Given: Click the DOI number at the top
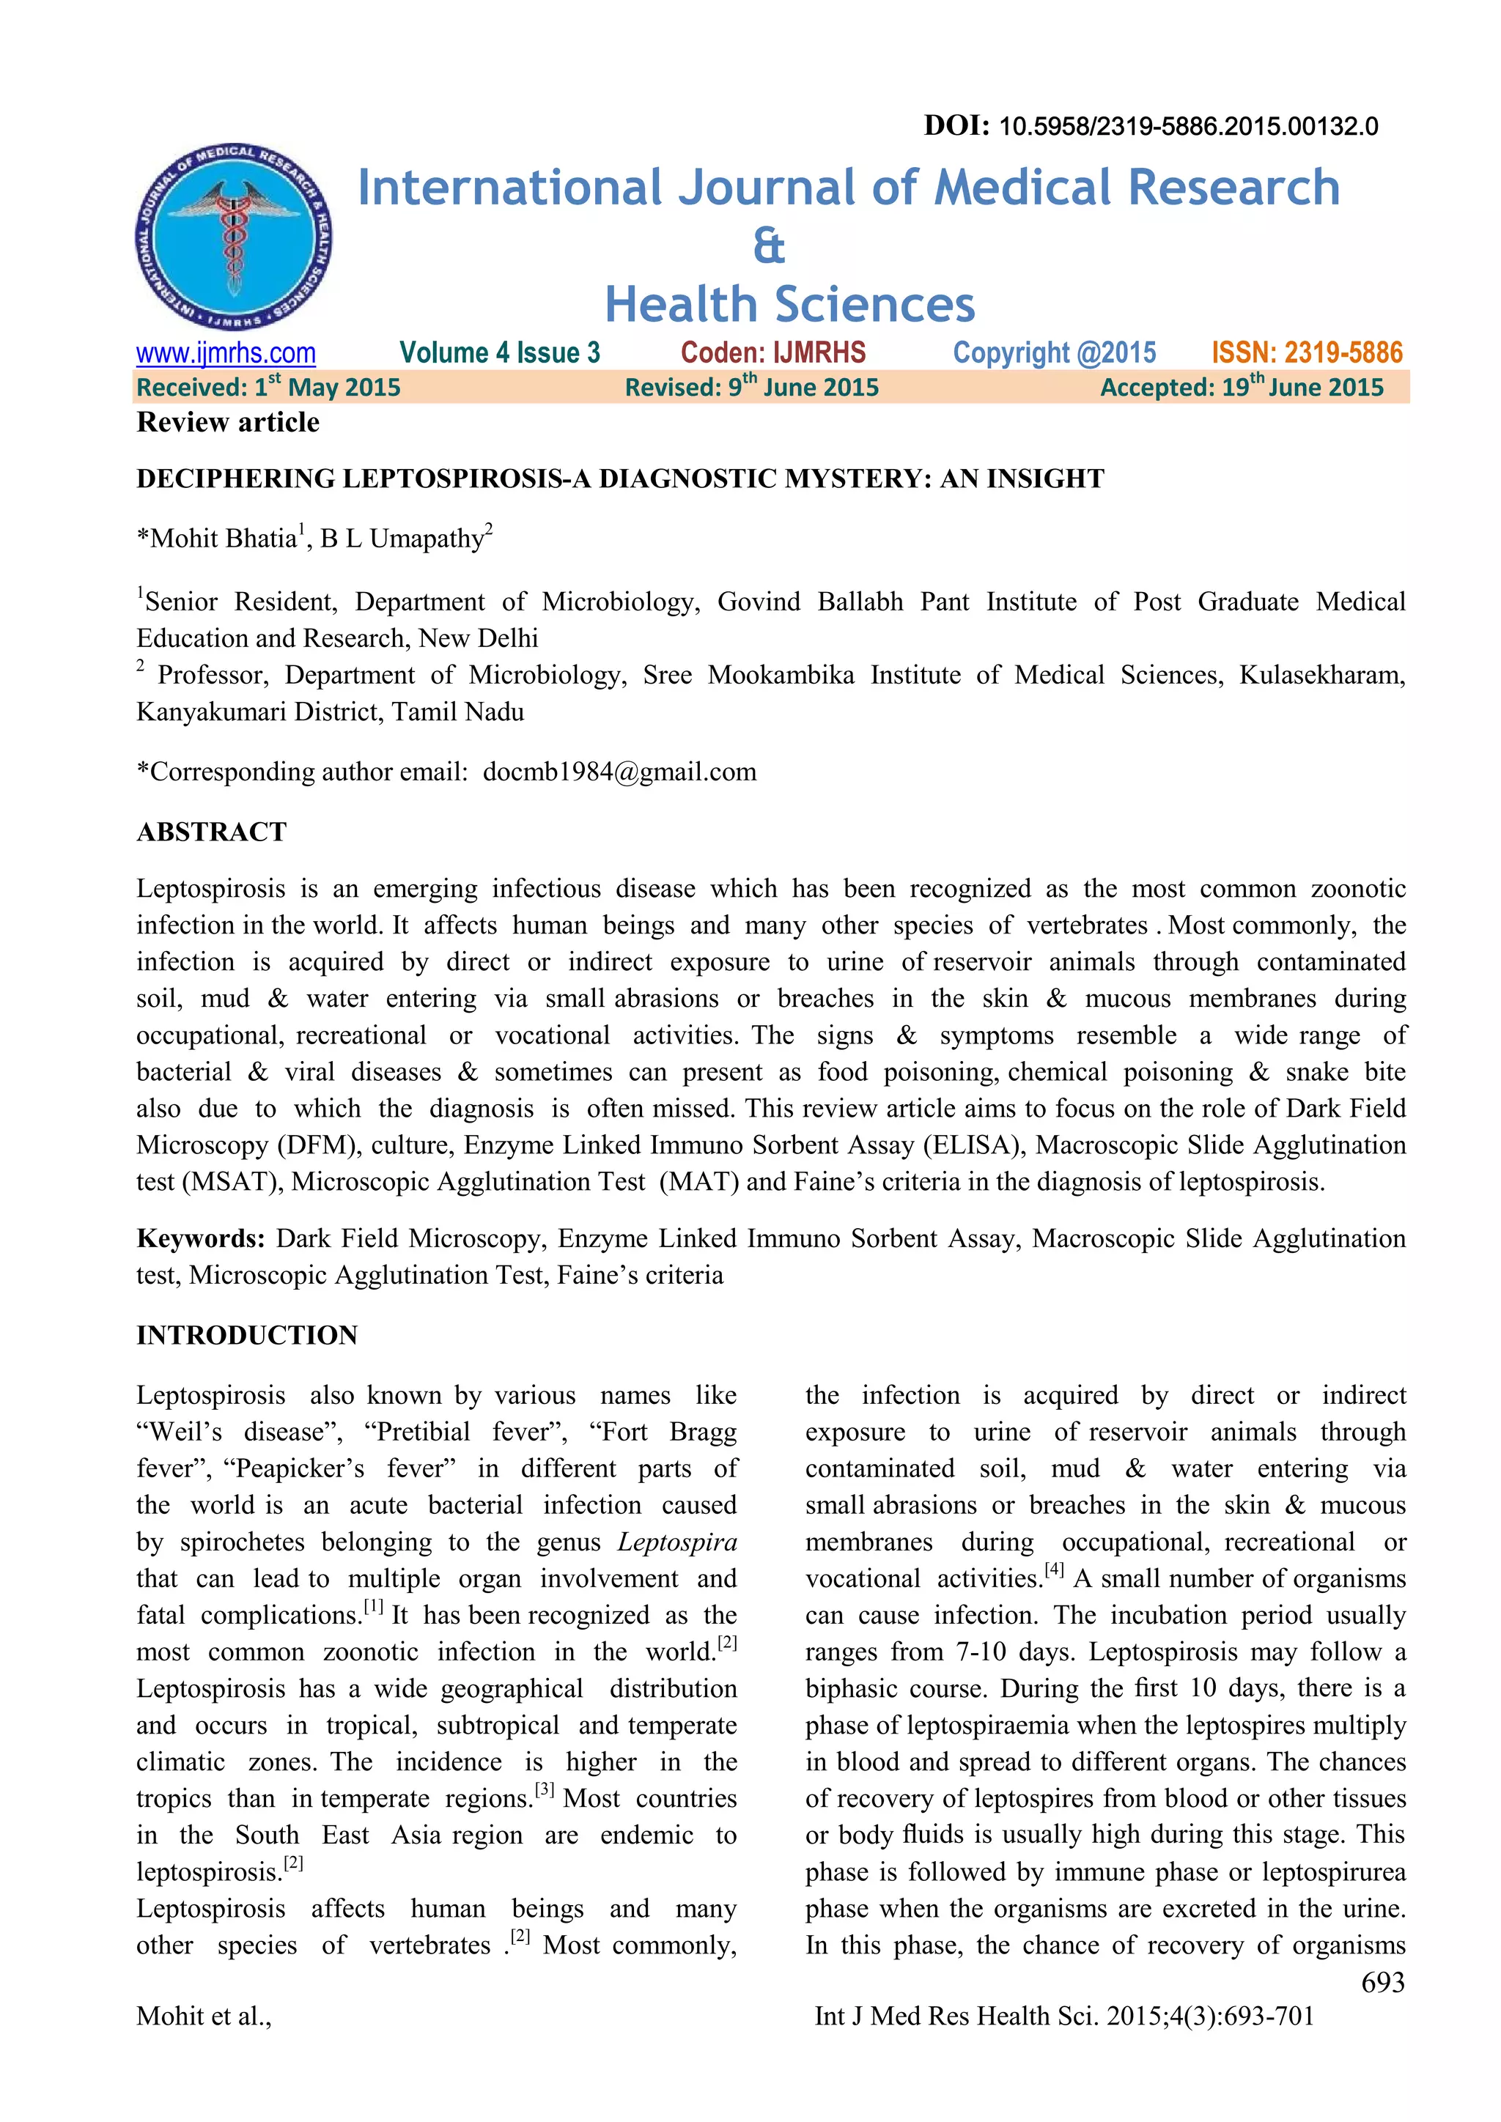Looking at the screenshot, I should (x=1187, y=127).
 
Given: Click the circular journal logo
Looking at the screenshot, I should (x=234, y=237).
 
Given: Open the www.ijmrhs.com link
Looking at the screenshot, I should (x=226, y=353).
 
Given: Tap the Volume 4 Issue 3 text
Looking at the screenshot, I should (x=499, y=353).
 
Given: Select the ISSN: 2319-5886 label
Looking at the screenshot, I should (x=1306, y=353).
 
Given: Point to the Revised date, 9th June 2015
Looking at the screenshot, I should (x=751, y=387).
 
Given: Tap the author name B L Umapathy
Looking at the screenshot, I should (x=402, y=539).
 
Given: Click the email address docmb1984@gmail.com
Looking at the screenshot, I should (x=619, y=772).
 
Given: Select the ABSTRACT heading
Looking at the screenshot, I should (x=212, y=832).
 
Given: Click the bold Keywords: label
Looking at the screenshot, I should (x=201, y=1238).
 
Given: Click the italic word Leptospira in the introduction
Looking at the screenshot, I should (x=676, y=1542).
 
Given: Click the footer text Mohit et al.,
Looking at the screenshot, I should (x=203, y=2016).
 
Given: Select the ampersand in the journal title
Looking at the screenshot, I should (x=768, y=247).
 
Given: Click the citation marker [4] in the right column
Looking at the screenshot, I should (x=1054, y=1570).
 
